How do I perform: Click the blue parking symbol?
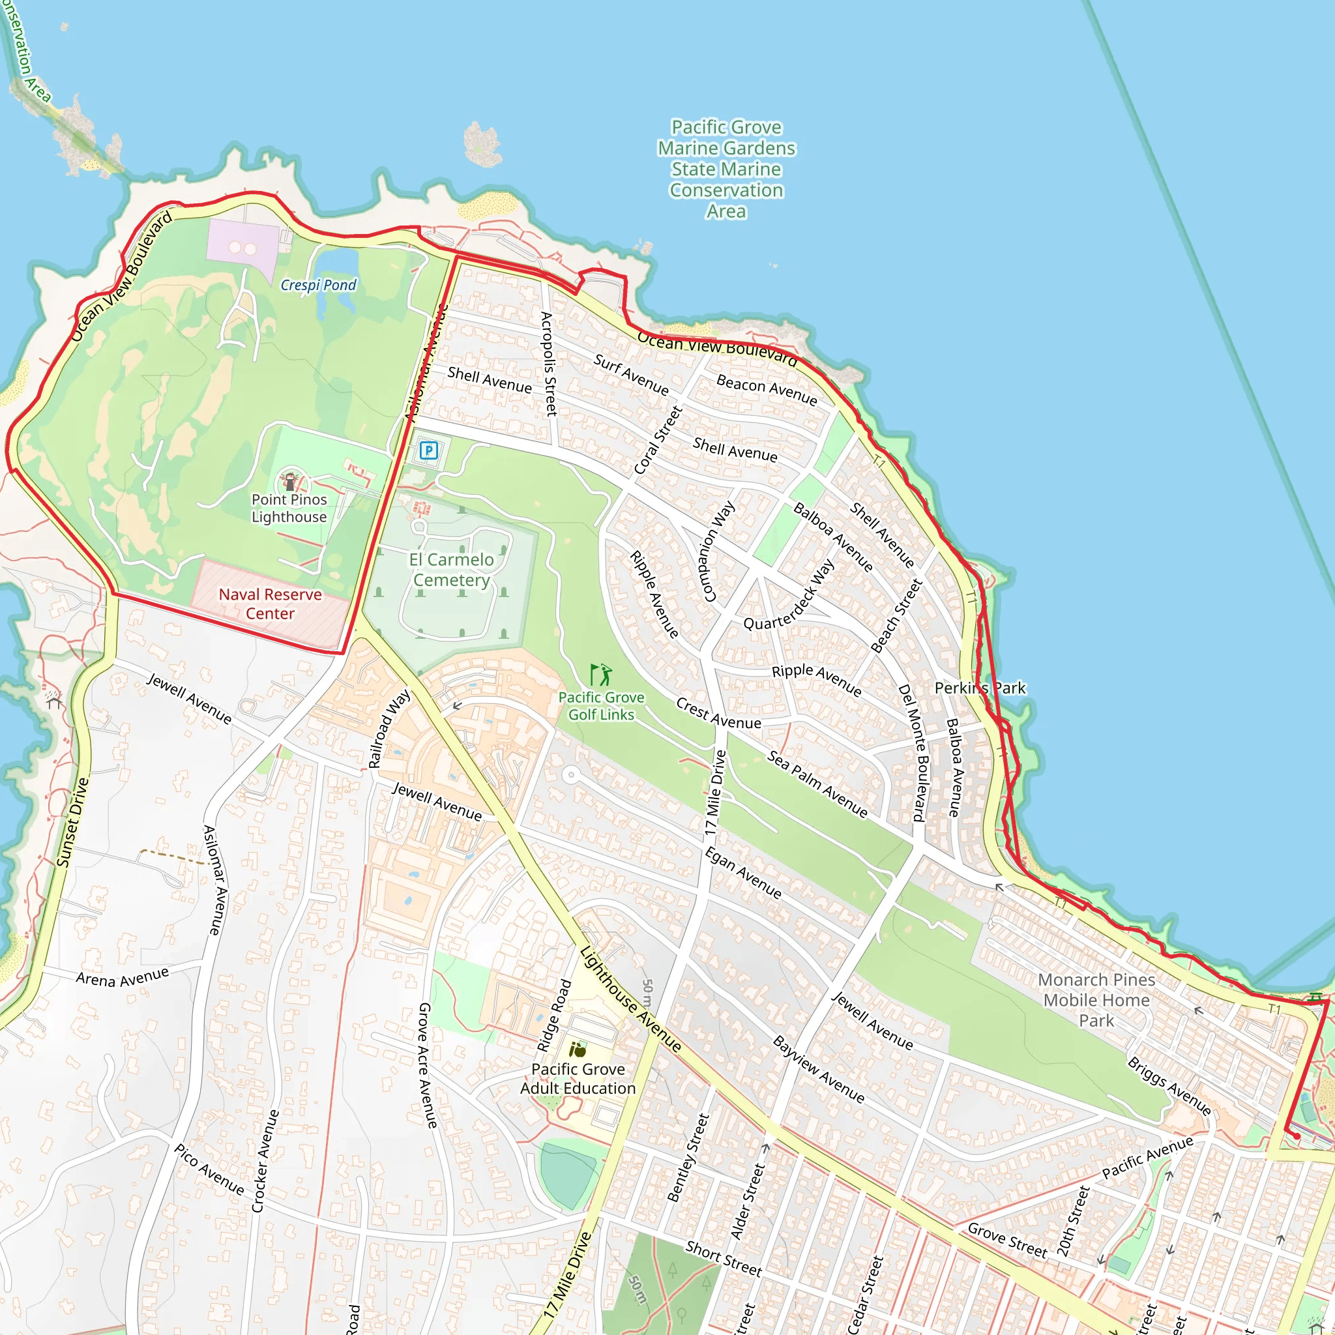click(428, 451)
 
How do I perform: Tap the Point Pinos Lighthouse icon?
click(289, 481)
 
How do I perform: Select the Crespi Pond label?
click(319, 285)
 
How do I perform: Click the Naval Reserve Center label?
click(270, 604)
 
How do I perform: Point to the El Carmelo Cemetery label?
click(451, 569)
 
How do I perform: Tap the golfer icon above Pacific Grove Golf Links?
click(601, 675)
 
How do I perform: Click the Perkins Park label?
click(980, 688)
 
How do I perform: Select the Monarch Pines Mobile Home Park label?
click(1096, 1000)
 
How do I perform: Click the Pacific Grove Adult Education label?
click(578, 1079)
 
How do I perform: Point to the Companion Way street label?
click(718, 551)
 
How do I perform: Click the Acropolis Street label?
click(548, 364)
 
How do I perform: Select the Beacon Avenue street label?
click(767, 389)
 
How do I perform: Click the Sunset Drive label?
click(72, 822)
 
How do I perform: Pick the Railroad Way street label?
click(389, 729)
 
